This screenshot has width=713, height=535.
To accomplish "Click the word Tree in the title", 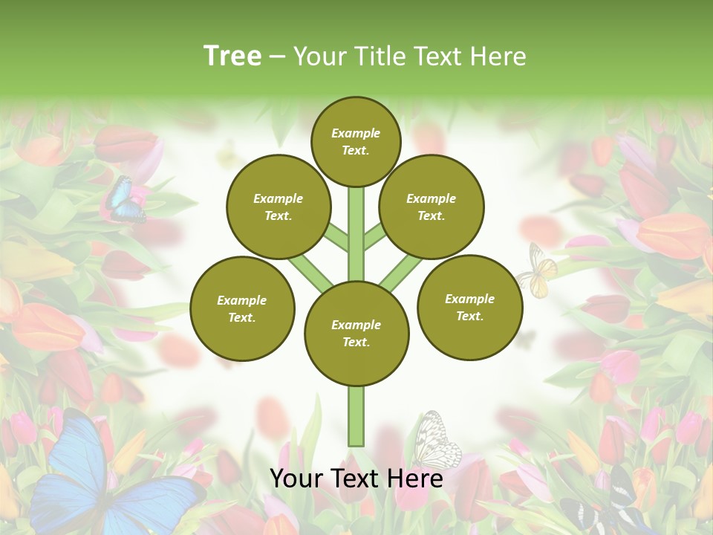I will (x=232, y=56).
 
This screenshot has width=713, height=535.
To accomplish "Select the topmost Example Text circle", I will (x=356, y=141).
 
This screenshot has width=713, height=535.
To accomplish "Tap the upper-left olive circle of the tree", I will (x=279, y=207).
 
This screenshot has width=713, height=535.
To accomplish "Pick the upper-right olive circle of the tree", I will (x=432, y=207).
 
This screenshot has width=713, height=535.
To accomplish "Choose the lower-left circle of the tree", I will (x=242, y=308).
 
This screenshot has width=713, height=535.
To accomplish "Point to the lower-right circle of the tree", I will (x=470, y=307).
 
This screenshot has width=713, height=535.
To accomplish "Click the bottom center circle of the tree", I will (x=356, y=334).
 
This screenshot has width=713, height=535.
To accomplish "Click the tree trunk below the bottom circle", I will (x=356, y=416).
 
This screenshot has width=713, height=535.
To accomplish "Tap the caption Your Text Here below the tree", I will (x=356, y=479).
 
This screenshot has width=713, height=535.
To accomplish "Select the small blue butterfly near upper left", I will (x=121, y=199).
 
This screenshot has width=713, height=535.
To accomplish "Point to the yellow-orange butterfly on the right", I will (x=538, y=271).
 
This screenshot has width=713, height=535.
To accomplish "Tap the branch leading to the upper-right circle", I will (x=374, y=237).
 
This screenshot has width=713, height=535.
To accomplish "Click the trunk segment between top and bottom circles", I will (x=356, y=234).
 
